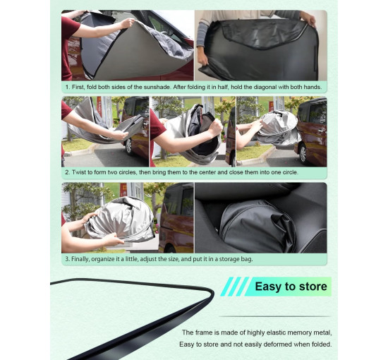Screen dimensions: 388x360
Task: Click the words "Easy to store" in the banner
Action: [291, 287]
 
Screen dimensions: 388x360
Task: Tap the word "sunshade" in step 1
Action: [157, 87]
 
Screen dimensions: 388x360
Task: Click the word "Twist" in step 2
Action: [79, 172]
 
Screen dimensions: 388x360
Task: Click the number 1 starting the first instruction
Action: [67, 87]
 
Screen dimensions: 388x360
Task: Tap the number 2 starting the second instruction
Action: [67, 172]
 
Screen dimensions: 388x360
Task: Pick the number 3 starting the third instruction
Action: [67, 259]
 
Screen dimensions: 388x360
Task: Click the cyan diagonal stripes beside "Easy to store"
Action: [234, 287]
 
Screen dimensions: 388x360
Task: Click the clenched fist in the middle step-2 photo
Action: [216, 128]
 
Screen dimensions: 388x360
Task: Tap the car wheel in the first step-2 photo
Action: [128, 146]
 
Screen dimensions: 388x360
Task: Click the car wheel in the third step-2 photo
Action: [303, 152]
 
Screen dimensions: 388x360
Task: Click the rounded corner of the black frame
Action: [209, 293]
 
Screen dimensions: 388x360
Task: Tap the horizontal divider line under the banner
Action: [275, 316]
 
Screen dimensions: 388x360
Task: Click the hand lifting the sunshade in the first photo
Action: [127, 23]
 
